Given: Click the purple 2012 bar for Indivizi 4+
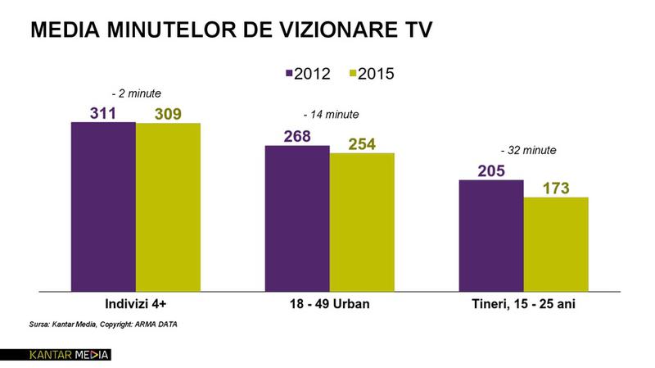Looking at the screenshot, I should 103,207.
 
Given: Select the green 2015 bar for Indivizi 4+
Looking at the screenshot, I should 168,207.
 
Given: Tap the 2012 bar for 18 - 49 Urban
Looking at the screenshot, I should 297,218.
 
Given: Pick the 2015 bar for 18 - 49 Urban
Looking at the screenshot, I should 362,221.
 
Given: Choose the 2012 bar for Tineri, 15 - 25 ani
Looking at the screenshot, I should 491,235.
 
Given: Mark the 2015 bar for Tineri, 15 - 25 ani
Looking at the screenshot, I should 556,243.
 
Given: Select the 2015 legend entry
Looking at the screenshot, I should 368,73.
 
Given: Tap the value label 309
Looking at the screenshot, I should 168,113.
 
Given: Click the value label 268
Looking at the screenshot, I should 297,136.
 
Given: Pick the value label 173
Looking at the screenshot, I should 556,188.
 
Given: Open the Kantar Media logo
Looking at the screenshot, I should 56,356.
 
